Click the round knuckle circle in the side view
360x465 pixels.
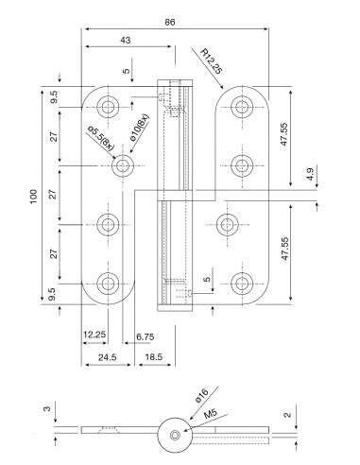click(174, 434)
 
